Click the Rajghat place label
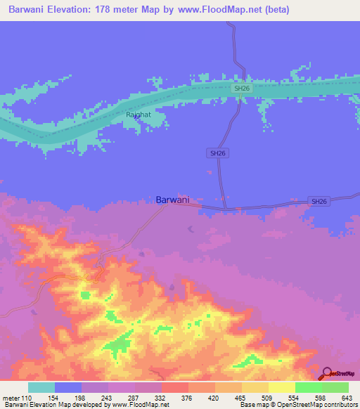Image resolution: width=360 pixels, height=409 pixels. pos(138,114)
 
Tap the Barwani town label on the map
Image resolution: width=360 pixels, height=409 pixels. pos(172,200)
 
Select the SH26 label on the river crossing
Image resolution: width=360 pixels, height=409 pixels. pos(242,88)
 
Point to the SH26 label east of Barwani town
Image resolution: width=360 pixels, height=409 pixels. pos(319,202)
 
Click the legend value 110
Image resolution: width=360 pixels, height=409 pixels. pos(27,397)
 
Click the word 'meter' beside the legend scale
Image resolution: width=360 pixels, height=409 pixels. pos(10,397)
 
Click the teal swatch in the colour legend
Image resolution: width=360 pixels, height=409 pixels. pos(41,387)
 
